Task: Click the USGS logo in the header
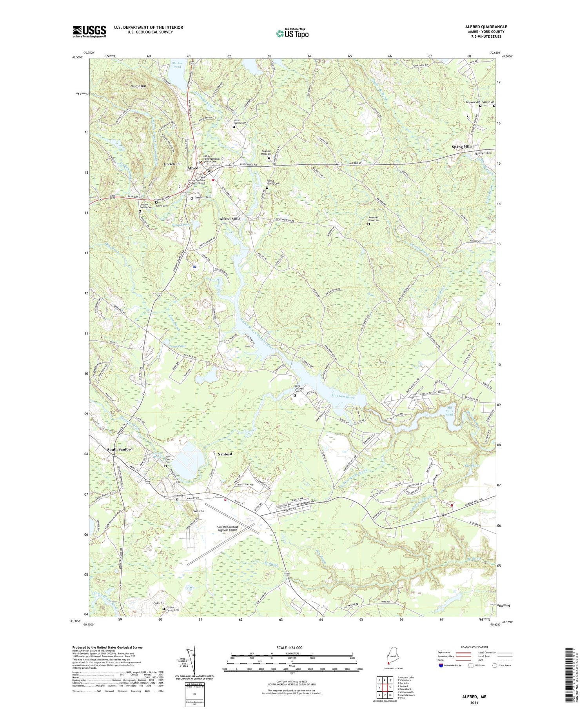point(89,31)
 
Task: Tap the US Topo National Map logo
point(292,33)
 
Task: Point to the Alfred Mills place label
point(230,218)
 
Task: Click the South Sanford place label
point(120,449)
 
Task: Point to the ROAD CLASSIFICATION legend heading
point(474,647)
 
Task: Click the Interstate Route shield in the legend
point(441,666)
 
